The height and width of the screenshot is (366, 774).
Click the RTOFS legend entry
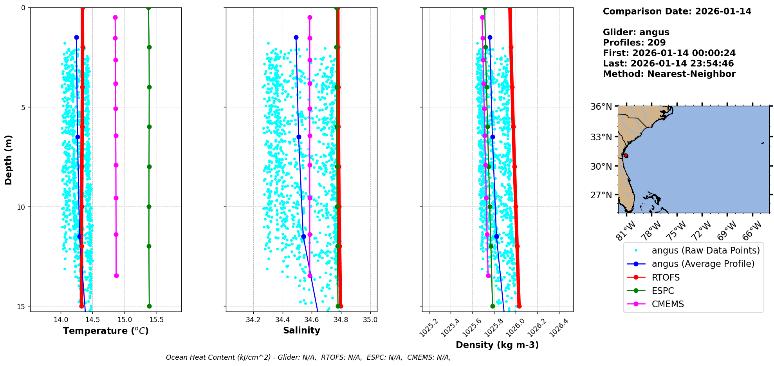666,277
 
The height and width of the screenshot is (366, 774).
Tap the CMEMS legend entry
668,304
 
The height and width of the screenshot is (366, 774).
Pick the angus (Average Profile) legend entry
703,264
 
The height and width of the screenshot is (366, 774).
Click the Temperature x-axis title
106,331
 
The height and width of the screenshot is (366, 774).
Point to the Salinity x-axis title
301,330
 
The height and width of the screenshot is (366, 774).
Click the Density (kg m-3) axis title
497,345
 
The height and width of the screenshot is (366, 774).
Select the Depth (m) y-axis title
9,160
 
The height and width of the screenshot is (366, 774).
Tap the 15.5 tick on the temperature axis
157,320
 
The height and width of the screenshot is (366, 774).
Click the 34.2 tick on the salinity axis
253,320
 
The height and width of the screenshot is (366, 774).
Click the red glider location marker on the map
626,156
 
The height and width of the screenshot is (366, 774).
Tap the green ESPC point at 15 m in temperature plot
149,306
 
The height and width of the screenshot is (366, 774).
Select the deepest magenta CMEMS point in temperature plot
116,275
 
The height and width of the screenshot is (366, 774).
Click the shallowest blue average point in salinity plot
296,37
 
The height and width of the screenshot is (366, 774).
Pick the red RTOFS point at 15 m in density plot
519,306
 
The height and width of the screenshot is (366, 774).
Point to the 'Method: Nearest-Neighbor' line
669,74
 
